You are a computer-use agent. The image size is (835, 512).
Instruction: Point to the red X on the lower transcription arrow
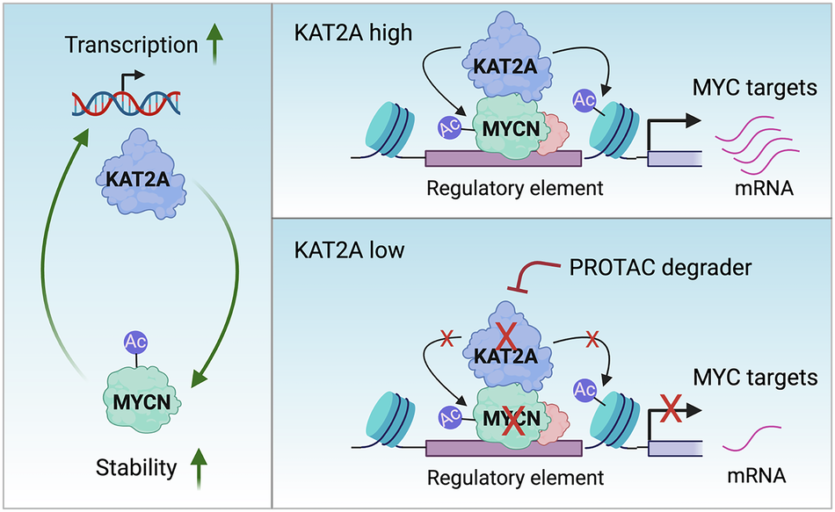[x=672, y=407]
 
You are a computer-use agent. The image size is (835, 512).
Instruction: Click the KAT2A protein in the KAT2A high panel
[x=505, y=61]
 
